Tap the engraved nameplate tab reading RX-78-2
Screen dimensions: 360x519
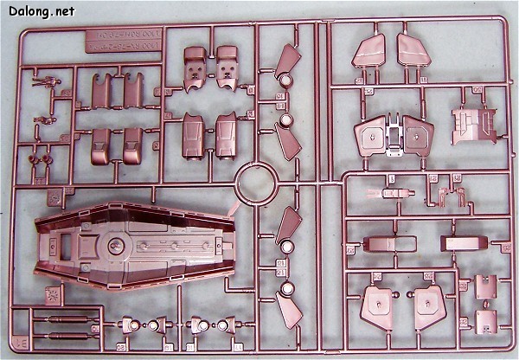(121, 46)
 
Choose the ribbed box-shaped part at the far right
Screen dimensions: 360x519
(472, 125)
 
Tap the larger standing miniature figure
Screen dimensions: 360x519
(45, 85)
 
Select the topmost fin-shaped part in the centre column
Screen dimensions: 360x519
(286, 60)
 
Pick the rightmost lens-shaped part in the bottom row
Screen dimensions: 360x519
(223, 325)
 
